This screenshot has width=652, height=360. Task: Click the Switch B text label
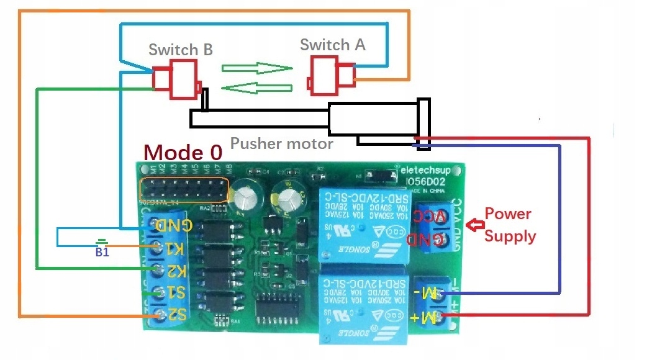[181, 50]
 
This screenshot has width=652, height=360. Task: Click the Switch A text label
[332, 45]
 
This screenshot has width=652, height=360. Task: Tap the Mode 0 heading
[183, 153]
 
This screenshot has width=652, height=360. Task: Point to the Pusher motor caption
[282, 144]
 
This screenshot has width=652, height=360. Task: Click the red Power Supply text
[510, 225]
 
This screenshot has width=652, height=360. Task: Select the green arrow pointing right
[256, 68]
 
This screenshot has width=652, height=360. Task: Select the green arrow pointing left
[256, 88]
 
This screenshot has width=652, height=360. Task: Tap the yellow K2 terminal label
[174, 271]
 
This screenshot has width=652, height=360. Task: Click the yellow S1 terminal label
[174, 292]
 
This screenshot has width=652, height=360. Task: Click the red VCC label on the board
[428, 217]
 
